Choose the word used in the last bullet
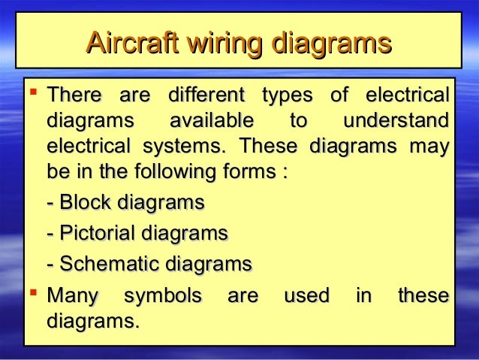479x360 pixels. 306,296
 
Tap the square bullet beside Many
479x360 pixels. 32,293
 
